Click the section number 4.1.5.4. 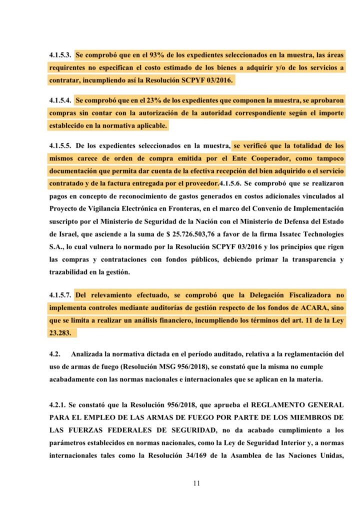(61, 100)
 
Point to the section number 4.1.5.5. (61, 146)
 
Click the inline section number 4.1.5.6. (233, 183)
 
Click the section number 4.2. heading (55, 354)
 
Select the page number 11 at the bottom (196, 483)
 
